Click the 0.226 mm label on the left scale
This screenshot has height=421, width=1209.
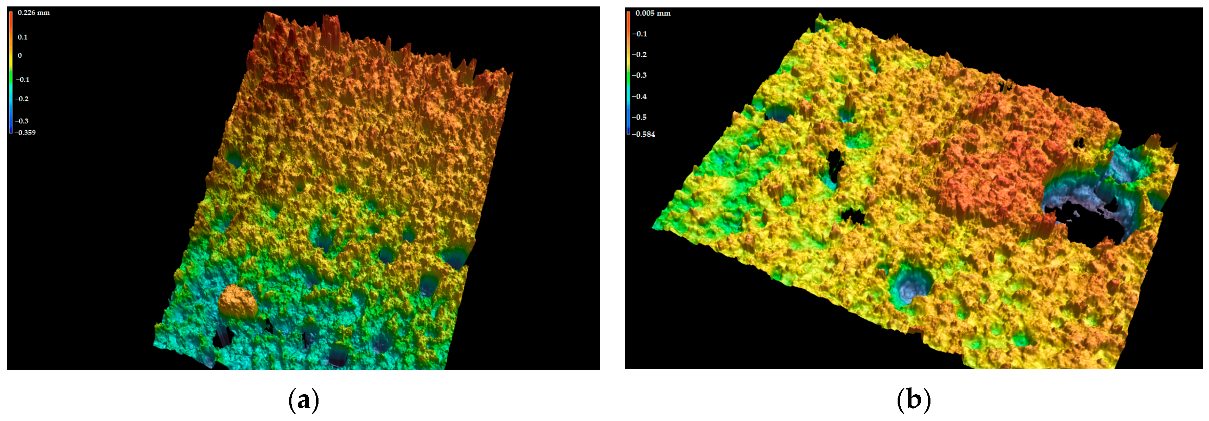coord(33,13)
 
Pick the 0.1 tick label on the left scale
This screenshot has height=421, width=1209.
coord(22,37)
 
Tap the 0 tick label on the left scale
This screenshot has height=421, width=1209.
coord(20,55)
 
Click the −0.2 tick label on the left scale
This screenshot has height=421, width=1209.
coord(22,99)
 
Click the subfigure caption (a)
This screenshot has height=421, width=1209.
coord(304,400)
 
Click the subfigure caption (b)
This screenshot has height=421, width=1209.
coord(913,400)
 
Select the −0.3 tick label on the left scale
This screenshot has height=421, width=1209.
coord(22,121)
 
